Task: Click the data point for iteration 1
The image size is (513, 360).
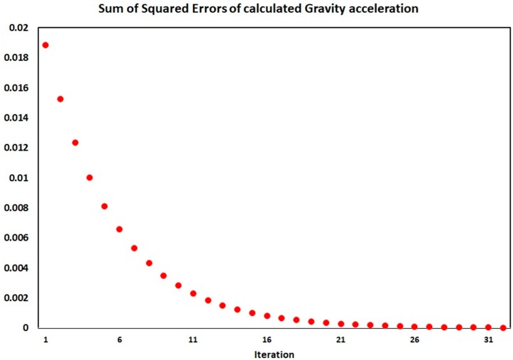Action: click(45, 45)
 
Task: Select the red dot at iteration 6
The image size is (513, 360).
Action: click(119, 229)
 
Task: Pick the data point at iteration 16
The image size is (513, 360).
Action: click(267, 315)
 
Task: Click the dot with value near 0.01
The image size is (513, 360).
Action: click(89, 178)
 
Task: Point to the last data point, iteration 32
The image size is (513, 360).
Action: click(503, 327)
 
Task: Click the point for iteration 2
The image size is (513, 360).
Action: click(60, 99)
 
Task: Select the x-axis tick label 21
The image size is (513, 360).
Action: click(341, 340)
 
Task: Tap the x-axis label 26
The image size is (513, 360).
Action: click(415, 340)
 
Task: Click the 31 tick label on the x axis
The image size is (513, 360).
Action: click(488, 340)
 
